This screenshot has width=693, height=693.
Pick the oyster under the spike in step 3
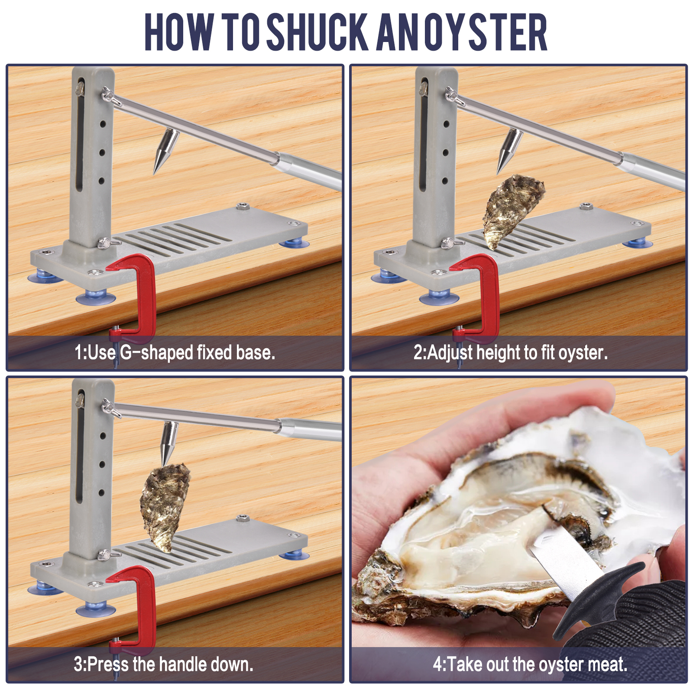(x=165, y=507)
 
